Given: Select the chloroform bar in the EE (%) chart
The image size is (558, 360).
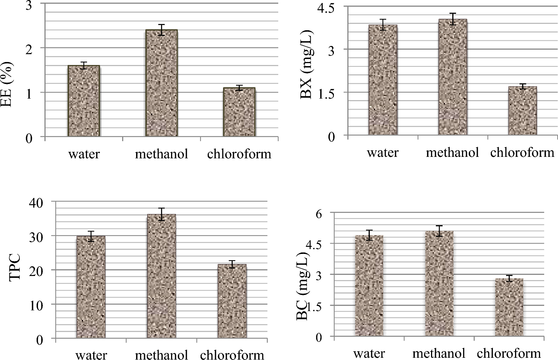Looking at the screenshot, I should click(x=239, y=112).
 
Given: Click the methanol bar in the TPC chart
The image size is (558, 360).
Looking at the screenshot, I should click(x=161, y=276).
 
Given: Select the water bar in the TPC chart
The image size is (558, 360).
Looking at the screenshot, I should click(x=91, y=287).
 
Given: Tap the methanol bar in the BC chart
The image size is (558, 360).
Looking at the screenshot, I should click(x=439, y=284).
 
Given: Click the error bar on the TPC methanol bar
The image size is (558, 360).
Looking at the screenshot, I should click(x=161, y=214).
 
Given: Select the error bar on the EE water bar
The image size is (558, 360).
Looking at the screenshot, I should click(x=84, y=65).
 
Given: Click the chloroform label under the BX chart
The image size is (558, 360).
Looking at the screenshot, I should click(x=522, y=153).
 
